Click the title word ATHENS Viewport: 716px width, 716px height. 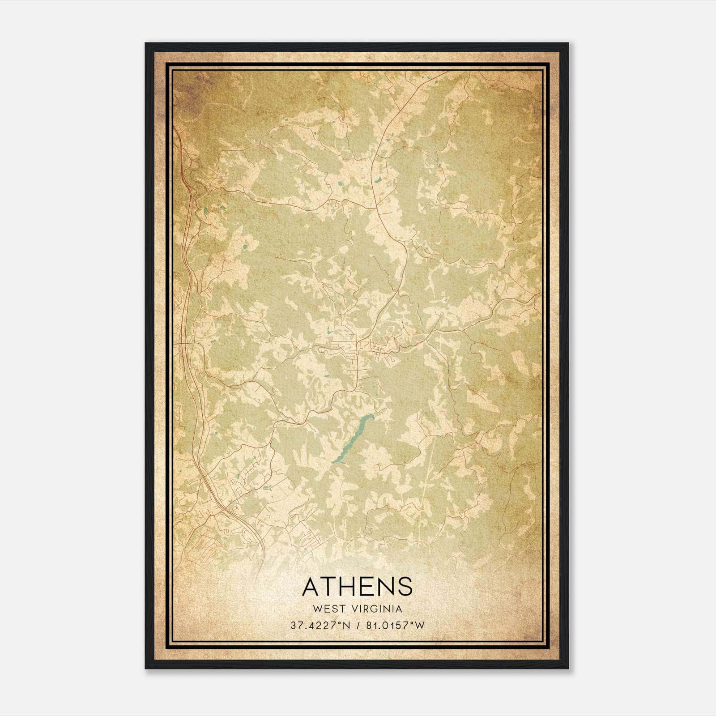(x=357, y=587)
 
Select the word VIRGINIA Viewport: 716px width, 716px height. (x=377, y=609)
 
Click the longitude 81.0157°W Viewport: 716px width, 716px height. (x=392, y=626)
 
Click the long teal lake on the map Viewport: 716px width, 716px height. (x=353, y=439)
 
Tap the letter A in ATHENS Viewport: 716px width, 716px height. (x=312, y=587)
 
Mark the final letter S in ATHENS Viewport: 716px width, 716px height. (x=404, y=587)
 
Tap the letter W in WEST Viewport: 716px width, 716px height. (x=317, y=609)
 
